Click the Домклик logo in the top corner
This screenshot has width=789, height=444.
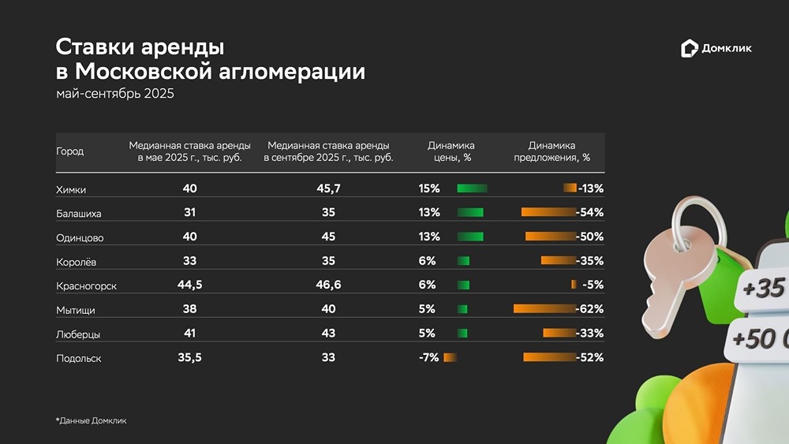pos(716,49)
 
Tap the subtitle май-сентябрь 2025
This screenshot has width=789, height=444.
pos(114,94)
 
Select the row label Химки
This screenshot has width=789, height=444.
pos(71,189)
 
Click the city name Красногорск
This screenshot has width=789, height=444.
pos(86,285)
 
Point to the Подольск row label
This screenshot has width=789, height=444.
pos(78,358)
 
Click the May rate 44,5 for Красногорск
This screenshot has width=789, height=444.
pos(189,285)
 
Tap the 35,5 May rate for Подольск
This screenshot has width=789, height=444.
pos(189,357)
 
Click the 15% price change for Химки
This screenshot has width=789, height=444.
pos(429,188)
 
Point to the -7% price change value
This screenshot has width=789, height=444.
pos(428,357)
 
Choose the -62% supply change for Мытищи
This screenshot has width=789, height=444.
pos(589,309)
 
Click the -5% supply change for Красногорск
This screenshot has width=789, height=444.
pos(593,285)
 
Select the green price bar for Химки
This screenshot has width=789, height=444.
pos(472,188)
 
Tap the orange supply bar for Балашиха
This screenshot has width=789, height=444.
pos(548,212)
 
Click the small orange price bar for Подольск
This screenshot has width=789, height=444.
pos(450,357)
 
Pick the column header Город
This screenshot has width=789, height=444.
pos(69,151)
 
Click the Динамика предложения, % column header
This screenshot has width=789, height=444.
pos(552,151)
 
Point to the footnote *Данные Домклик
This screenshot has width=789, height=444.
pos(91,421)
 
